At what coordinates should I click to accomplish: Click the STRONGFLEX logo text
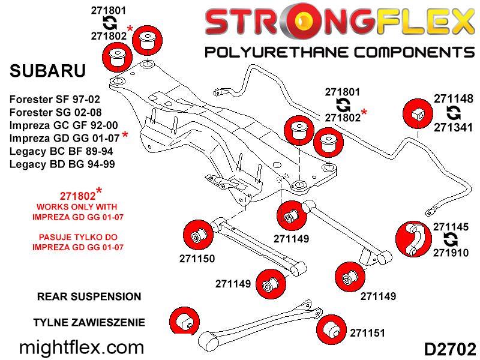(339, 23)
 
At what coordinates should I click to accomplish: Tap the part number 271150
(196, 259)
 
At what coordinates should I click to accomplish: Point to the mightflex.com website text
(82, 347)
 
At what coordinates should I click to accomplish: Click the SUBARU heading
(48, 71)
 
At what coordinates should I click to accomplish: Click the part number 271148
(454, 99)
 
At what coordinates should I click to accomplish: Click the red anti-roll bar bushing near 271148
(417, 113)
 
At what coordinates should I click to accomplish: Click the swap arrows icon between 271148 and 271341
(454, 113)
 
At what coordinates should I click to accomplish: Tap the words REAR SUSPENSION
(89, 296)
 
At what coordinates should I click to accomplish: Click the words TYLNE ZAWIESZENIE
(89, 322)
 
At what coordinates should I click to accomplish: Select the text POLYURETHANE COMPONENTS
(339, 52)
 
